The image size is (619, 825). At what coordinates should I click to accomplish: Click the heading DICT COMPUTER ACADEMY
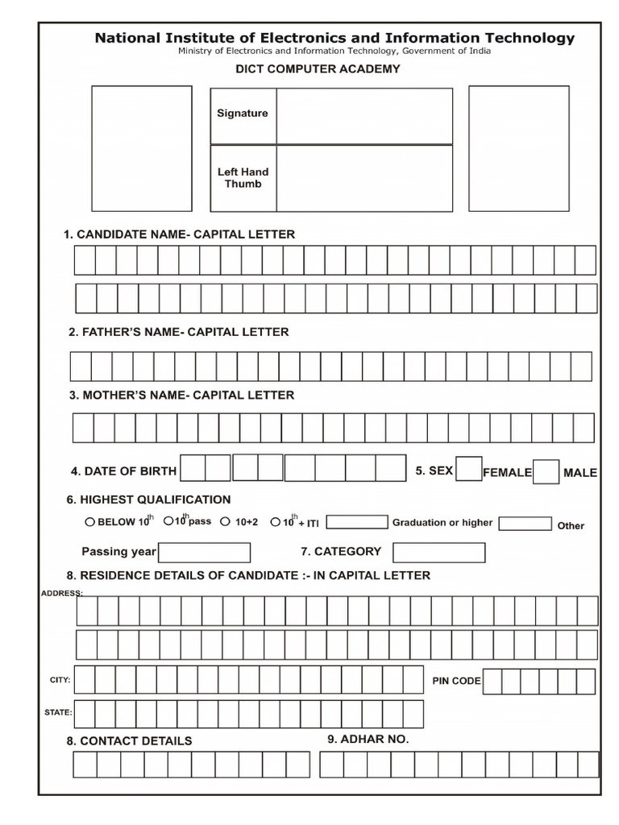[318, 69]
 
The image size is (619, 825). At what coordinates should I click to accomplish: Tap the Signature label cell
[243, 114]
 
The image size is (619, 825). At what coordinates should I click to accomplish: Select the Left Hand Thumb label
[243, 178]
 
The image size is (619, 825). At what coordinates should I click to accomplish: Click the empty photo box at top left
[142, 148]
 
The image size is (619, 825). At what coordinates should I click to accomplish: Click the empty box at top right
[518, 148]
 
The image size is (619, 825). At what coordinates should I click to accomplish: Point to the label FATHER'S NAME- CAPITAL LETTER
[179, 332]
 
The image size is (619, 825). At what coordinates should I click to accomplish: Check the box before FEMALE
[468, 469]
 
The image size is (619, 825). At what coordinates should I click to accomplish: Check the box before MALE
[546, 471]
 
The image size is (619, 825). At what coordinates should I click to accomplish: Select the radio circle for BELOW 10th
[89, 521]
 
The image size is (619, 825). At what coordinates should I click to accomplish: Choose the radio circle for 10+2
[226, 521]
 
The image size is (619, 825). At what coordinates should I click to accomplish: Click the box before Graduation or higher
[357, 522]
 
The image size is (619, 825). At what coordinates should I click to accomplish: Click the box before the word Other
[525, 524]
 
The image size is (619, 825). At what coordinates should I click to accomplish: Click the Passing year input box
[204, 552]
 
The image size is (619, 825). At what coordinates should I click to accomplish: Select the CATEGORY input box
[438, 552]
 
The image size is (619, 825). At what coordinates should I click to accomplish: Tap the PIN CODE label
[456, 681]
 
